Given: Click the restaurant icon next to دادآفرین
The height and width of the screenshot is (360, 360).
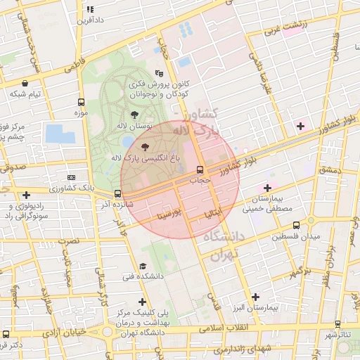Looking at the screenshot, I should [89, 9].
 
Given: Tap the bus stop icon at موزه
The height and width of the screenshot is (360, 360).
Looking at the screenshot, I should [81, 102].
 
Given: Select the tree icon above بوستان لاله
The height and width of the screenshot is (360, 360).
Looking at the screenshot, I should [134, 115].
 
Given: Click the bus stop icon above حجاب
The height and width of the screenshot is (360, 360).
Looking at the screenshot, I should [200, 169].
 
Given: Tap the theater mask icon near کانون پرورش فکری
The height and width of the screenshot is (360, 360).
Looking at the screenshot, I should [160, 72].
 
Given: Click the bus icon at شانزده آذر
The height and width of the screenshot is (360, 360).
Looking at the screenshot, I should [117, 194].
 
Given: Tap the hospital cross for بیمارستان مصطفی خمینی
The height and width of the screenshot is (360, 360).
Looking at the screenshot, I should [266, 188].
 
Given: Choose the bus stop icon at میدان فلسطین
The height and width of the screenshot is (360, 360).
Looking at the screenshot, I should [296, 226].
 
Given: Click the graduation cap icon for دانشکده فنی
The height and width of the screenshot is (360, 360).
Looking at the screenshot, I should [143, 266].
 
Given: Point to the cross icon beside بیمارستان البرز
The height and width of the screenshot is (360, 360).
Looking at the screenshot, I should [255, 297].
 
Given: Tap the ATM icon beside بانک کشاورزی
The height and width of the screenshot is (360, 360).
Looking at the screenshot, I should [70, 178].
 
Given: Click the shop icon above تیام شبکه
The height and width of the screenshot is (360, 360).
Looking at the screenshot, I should [26, 83].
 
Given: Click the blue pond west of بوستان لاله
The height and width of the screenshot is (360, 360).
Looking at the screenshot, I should [55, 133].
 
